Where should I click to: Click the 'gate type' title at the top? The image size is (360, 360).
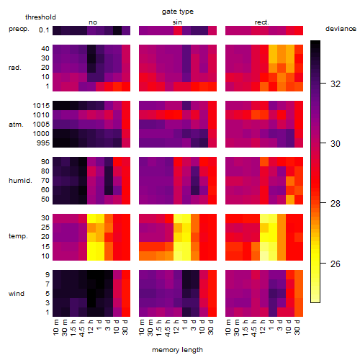[178, 12]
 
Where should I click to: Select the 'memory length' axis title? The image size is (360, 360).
[177, 350]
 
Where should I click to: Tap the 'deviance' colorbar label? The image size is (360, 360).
[341, 29]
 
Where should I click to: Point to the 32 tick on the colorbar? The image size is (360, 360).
[336, 84]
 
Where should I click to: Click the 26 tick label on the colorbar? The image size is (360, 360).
[336, 264]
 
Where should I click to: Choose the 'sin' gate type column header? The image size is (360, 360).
[177, 22]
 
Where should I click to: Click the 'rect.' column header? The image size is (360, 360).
[261, 22]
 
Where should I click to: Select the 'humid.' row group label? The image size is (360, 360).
[20, 181]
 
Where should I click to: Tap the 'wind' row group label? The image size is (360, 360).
[17, 294]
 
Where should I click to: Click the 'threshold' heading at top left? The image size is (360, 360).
[40, 17]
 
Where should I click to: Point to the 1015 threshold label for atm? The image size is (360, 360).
[41, 106]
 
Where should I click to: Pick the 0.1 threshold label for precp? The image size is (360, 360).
[44, 30]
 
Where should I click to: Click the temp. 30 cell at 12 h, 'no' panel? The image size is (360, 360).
[91, 218]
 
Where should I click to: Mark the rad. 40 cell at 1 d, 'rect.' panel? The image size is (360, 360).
[273, 49]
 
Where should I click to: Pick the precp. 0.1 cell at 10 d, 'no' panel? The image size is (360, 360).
[117, 30]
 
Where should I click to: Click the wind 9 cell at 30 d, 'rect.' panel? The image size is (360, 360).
[299, 274]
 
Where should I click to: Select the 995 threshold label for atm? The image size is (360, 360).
[43, 143]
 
